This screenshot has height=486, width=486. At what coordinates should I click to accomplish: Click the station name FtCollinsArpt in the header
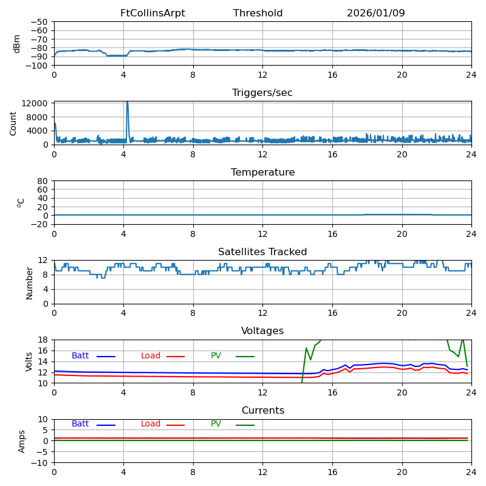(152, 13)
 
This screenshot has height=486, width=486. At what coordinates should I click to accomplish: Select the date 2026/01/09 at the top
(375, 13)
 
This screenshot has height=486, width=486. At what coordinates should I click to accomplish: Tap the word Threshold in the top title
(258, 13)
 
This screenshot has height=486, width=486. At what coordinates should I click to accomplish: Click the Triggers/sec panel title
(262, 93)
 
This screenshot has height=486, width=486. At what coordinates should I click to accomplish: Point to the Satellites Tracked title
(262, 252)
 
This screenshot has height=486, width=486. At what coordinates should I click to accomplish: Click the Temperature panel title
(262, 173)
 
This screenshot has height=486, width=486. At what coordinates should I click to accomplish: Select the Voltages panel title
(262, 331)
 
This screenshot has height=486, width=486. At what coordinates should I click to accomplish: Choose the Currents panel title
(262, 411)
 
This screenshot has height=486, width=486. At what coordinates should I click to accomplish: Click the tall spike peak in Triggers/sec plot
(127, 103)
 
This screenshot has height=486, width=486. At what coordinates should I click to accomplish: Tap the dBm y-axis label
(17, 44)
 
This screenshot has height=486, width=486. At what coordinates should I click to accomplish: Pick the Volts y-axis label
(29, 361)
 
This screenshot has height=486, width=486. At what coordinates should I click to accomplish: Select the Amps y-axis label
(22, 441)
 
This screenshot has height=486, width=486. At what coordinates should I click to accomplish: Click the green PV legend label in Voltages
(216, 356)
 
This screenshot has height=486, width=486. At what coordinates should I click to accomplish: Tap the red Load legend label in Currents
(151, 424)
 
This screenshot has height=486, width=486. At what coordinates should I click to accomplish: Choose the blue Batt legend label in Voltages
(80, 356)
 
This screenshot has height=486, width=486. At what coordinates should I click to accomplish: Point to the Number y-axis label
(29, 282)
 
